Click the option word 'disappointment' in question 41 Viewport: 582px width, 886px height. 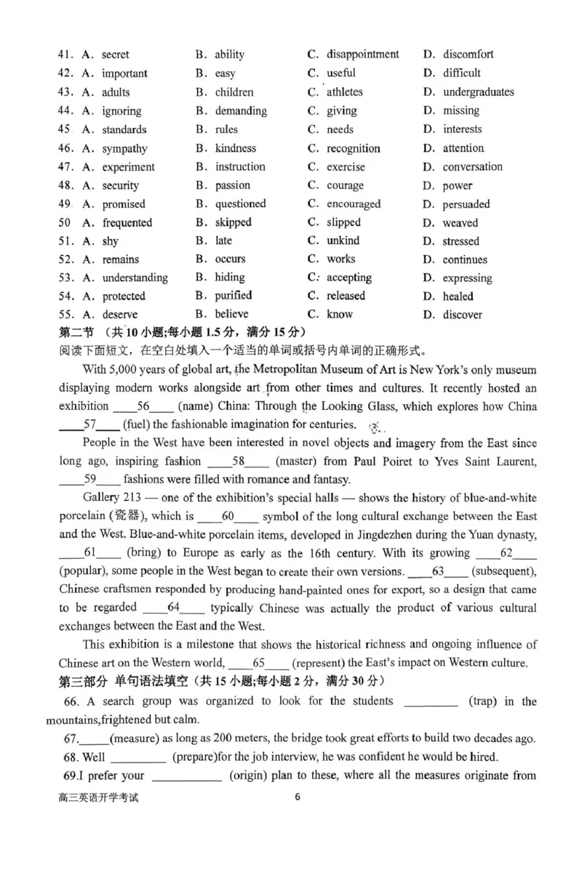click(x=362, y=55)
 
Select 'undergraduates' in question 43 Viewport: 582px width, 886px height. click(x=478, y=92)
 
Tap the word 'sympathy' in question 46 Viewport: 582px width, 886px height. click(x=124, y=149)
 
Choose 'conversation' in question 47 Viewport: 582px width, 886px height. click(x=472, y=167)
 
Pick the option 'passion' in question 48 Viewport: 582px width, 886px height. click(x=232, y=186)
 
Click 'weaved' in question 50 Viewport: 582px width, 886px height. click(x=461, y=223)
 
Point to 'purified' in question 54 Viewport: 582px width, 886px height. click(x=233, y=296)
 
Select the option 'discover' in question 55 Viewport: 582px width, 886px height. click(x=462, y=315)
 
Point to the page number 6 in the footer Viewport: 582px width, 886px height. click(x=298, y=796)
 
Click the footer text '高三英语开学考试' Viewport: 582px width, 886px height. click(x=97, y=797)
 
